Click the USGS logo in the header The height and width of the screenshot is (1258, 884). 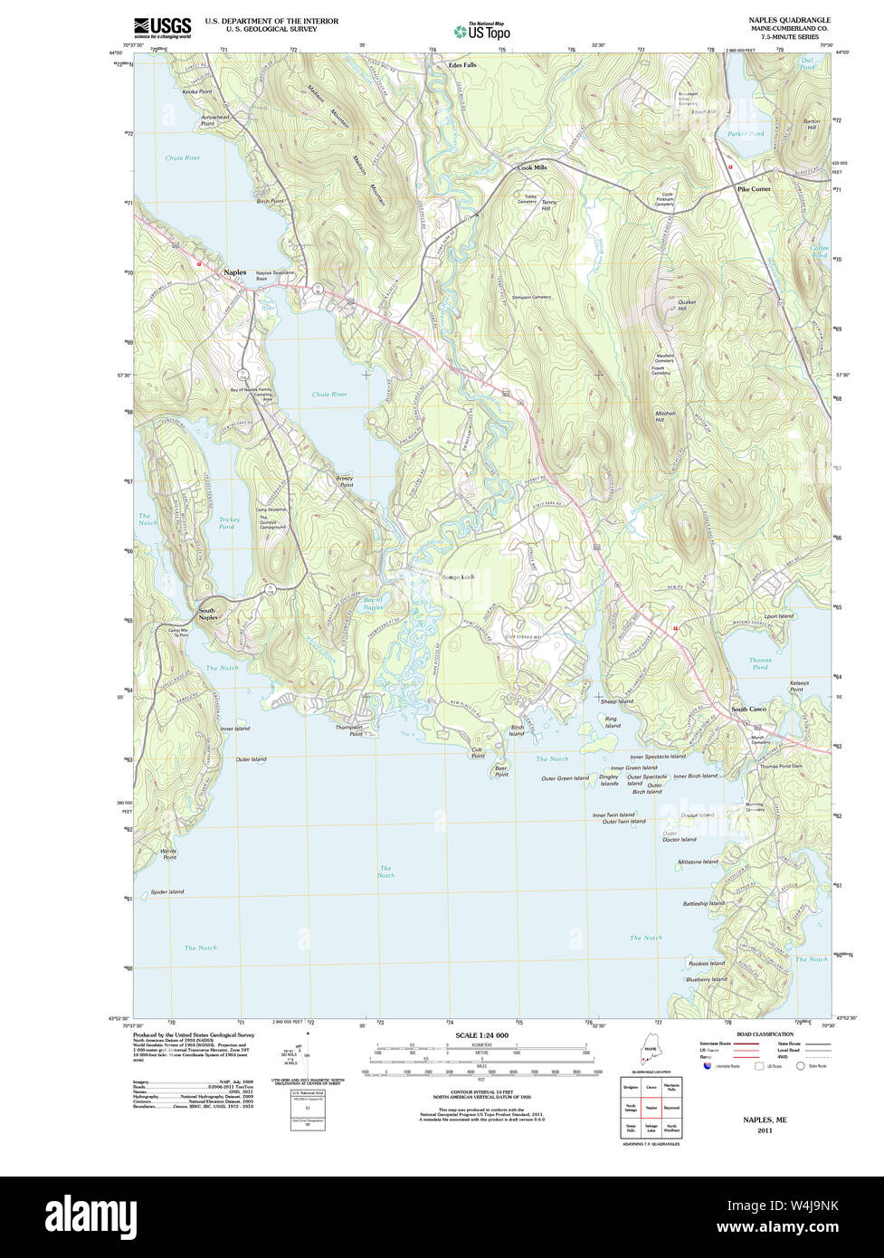pos(162,27)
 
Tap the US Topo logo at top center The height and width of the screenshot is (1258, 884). pos(482,31)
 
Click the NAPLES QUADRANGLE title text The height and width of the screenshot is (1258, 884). pos(789,20)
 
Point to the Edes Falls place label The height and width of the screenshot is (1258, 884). pos(462,65)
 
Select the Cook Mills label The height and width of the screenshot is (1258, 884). pos(532,167)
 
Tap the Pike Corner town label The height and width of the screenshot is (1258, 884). pos(754,189)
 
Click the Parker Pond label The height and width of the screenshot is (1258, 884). pos(746,134)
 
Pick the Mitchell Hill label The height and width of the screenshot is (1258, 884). pos(666,417)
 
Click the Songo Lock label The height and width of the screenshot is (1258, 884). pos(458,577)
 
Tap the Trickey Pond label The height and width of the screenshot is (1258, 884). pos(229,523)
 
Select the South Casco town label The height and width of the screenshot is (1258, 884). pos(748,709)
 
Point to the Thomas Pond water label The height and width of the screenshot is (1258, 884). pos(760,663)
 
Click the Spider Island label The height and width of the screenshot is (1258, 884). pos(167,891)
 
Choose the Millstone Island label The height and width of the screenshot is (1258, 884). pos(699,862)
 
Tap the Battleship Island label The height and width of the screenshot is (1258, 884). pos(704,903)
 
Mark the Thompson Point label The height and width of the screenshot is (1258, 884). pos(348,730)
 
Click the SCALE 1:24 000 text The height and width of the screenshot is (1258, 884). pos(481,1035)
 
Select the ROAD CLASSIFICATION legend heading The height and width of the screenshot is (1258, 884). pos(765,1034)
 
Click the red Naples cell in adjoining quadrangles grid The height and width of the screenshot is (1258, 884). pos(651,1107)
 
